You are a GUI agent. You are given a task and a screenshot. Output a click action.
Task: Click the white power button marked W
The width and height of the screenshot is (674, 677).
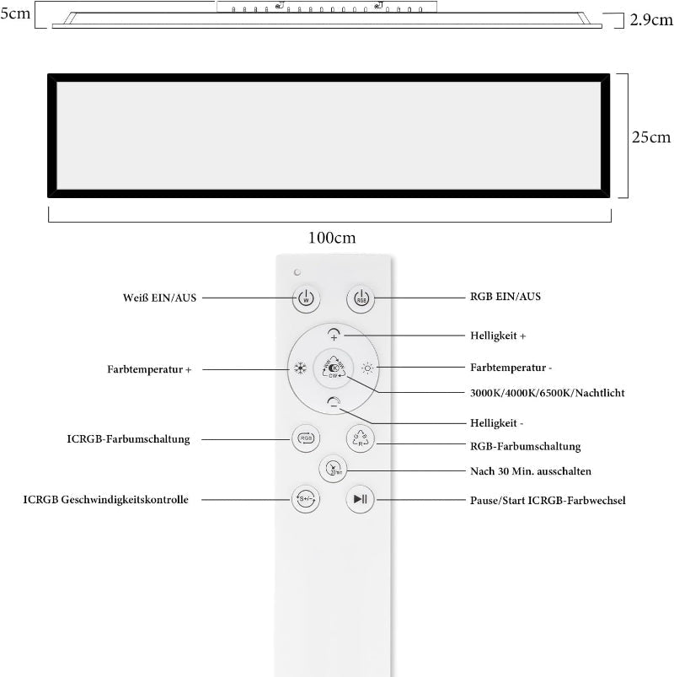pyautogui.click(x=306, y=298)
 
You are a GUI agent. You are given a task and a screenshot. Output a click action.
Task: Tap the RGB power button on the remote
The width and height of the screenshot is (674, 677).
pyautogui.click(x=361, y=298)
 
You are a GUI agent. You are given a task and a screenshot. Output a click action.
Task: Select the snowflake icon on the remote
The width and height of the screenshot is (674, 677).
pyautogui.click(x=300, y=368)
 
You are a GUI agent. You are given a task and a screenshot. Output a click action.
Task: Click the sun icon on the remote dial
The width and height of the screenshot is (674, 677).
pyautogui.click(x=367, y=368)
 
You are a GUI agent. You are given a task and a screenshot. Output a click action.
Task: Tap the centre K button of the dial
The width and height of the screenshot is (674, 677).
pyautogui.click(x=334, y=368)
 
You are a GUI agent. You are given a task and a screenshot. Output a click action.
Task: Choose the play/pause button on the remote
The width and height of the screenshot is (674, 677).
pyautogui.click(x=361, y=499)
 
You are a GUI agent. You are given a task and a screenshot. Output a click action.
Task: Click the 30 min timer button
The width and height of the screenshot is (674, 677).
pyautogui.click(x=333, y=469)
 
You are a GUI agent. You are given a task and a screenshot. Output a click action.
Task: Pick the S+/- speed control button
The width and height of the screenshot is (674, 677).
pyautogui.click(x=306, y=499)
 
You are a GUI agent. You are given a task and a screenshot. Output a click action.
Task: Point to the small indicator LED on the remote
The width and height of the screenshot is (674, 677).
pyautogui.click(x=297, y=272)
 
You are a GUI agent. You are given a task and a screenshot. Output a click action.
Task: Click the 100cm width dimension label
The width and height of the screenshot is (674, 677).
pyautogui.click(x=332, y=238)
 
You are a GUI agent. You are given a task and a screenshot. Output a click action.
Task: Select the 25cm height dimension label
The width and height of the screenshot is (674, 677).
pyautogui.click(x=651, y=137)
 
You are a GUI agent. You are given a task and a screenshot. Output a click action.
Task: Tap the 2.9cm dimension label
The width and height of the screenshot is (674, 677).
pyautogui.click(x=651, y=20)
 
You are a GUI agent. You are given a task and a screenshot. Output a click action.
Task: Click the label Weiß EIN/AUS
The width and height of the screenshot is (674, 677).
pyautogui.click(x=159, y=298)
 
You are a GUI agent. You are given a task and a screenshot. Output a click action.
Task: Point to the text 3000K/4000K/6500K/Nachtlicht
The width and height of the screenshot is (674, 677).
pyautogui.click(x=547, y=393)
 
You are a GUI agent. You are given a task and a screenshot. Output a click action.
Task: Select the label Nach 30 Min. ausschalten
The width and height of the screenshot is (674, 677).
pyautogui.click(x=531, y=471)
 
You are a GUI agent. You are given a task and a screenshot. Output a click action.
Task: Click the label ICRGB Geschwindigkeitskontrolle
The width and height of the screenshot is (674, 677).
pyautogui.click(x=105, y=500)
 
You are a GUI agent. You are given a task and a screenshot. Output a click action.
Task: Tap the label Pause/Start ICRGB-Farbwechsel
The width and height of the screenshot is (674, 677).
pyautogui.click(x=548, y=501)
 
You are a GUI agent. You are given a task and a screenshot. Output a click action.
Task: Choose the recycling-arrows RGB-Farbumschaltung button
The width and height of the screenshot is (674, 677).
pyautogui.click(x=361, y=438)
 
